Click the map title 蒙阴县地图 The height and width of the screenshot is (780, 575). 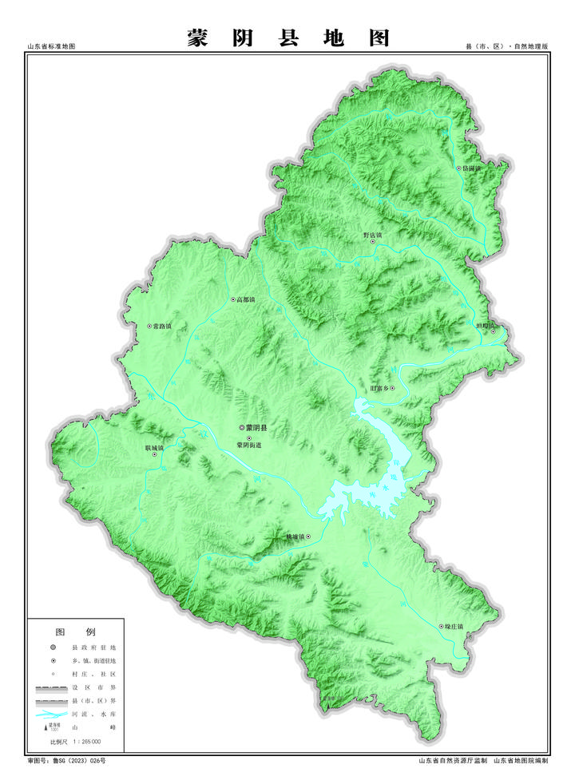point(288,38)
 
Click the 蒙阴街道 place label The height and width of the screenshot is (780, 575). point(249,445)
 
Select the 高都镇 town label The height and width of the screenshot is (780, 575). point(245,299)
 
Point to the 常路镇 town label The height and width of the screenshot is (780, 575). point(165,327)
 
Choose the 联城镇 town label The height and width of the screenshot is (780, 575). point(155,448)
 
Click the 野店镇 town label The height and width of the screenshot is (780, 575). point(373,236)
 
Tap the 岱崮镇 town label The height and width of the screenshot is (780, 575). point(470,168)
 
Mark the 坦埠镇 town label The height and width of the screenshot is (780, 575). point(486,326)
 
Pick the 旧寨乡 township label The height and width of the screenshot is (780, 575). point(383,389)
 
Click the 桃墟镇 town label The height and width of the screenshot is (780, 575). point(297,536)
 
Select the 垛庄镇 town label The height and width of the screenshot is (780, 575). point(454,626)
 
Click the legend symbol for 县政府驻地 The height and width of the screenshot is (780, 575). point(54,647)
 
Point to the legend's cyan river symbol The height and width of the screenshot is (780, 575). point(51,715)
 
